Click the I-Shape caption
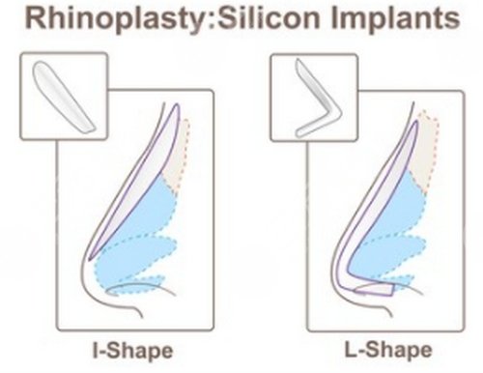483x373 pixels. (132, 351)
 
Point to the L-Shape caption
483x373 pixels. (388, 350)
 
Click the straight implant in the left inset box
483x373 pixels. (64, 97)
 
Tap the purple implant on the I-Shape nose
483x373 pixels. (135, 181)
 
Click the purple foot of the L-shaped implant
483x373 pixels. (375, 289)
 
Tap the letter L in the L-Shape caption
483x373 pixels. (350, 349)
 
